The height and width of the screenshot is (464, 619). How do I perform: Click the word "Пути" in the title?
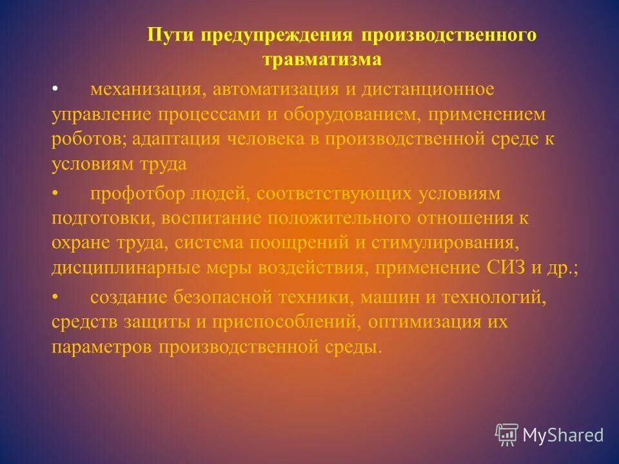pyautogui.click(x=170, y=35)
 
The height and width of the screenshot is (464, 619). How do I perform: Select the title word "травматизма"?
pyautogui.click(x=322, y=60)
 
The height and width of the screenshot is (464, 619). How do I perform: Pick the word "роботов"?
pyautogui.click(x=83, y=139)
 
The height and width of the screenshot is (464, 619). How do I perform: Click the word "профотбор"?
pyautogui.click(x=132, y=193)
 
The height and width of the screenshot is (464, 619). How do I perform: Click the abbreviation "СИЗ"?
pyautogui.click(x=509, y=269)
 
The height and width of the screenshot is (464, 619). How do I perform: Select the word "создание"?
pyautogui.click(x=129, y=297)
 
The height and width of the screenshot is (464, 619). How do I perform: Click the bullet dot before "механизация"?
pyautogui.click(x=55, y=88)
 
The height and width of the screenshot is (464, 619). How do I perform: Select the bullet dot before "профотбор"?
pyautogui.click(x=55, y=193)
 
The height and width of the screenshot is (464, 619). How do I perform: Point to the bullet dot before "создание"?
pyautogui.click(x=55, y=297)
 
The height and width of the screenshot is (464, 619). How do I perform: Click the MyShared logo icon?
pyautogui.click(x=507, y=434)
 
